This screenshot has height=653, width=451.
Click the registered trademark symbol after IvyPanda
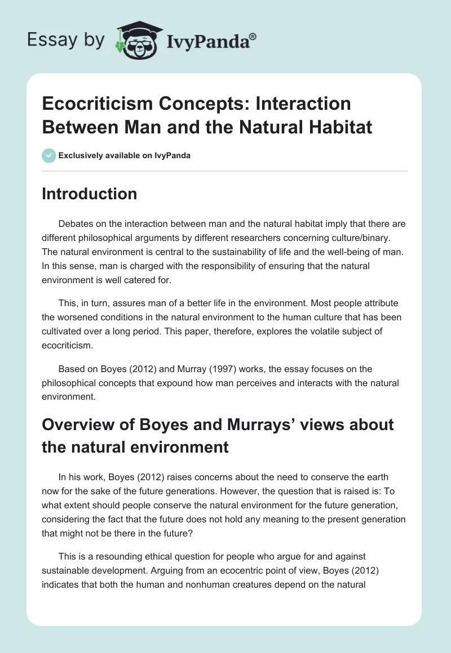click(x=253, y=37)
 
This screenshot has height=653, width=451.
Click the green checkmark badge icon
click(x=48, y=155)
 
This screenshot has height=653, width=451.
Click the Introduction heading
click(x=90, y=194)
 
